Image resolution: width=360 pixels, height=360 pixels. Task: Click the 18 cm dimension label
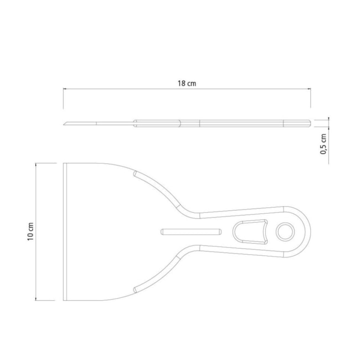click(x=187, y=83)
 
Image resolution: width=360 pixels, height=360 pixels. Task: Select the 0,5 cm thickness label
click(x=323, y=145)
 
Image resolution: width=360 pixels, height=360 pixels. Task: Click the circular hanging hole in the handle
click(x=285, y=232)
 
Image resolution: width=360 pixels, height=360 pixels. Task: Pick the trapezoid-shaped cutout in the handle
click(x=251, y=231)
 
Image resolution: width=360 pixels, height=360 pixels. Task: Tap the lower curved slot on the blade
click(x=157, y=276)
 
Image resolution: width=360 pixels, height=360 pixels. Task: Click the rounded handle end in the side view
click(x=308, y=123)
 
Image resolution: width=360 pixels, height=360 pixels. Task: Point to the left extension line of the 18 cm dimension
click(x=63, y=98)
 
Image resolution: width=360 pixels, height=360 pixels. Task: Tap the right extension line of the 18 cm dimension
click(x=310, y=98)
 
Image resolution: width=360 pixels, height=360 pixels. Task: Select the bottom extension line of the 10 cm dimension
click(x=47, y=300)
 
